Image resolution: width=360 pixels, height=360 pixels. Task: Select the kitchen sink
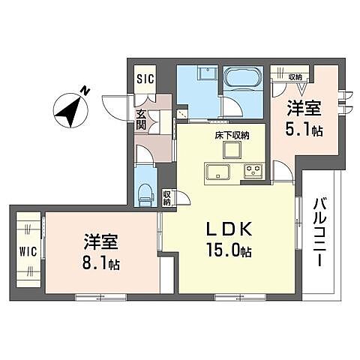(221, 172)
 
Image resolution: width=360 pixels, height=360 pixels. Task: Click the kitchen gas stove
(252, 172)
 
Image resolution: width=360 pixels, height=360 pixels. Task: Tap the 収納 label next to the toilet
(167, 198)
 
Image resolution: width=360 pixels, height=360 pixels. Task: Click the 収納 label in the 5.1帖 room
(295, 76)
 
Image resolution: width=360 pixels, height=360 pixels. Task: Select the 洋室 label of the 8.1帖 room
(99, 244)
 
